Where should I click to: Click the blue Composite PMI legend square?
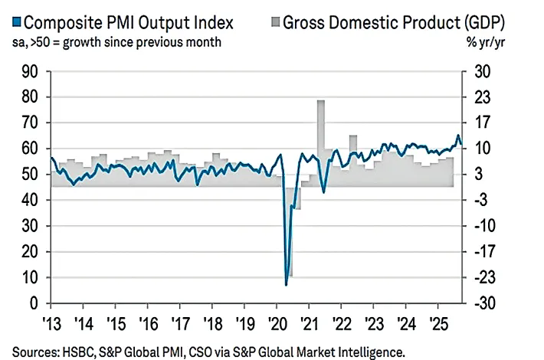click(x=17, y=22)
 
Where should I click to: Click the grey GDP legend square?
click(x=275, y=22)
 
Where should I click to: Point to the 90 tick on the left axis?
click(x=29, y=72)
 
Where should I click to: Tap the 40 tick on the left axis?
click(x=29, y=200)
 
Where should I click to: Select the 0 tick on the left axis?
click(x=34, y=303)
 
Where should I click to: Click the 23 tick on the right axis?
click(x=482, y=97)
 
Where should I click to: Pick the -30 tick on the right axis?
click(x=485, y=303)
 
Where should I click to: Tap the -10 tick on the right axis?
click(x=485, y=226)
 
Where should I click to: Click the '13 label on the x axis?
click(x=51, y=324)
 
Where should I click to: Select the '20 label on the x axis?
click(x=277, y=324)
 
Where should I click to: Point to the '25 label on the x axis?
click(x=439, y=324)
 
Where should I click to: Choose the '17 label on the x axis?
click(x=181, y=324)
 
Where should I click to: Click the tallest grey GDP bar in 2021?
click(x=321, y=143)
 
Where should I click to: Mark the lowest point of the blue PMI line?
click(x=287, y=285)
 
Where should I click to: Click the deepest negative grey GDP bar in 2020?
click(x=290, y=231)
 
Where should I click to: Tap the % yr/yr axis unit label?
click(x=485, y=42)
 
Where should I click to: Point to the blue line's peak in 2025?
click(x=458, y=136)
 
